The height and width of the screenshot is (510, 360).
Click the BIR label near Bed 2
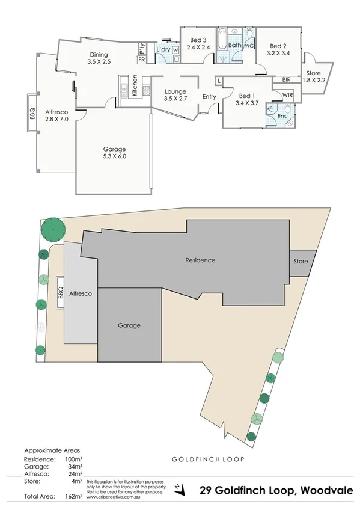[x=286, y=79]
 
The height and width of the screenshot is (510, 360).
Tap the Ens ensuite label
[x=281, y=116]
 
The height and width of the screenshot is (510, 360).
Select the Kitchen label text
[x=135, y=85]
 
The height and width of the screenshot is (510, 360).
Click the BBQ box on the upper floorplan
[x=33, y=113]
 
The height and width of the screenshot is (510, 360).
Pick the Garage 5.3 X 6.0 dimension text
[x=114, y=156]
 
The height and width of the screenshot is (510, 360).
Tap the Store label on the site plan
[x=301, y=262]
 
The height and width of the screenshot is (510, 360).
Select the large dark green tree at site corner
[x=53, y=229]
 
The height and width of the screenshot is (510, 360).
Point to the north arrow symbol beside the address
[x=178, y=489]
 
